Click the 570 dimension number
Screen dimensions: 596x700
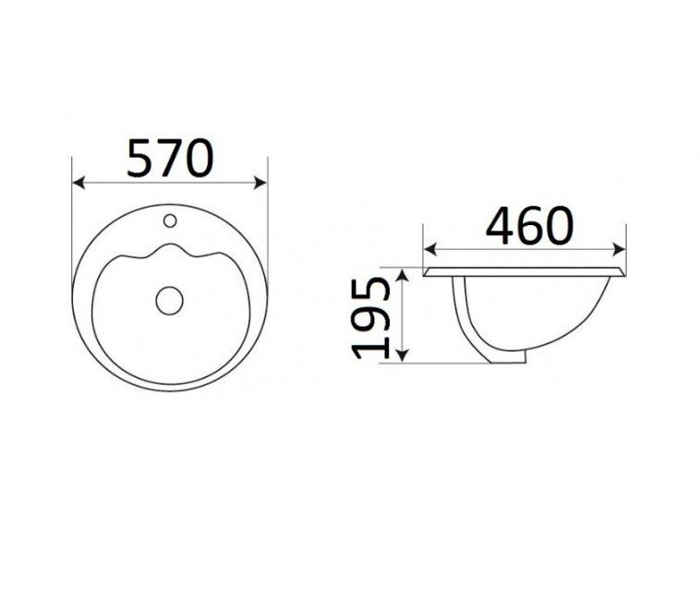coord(170,158)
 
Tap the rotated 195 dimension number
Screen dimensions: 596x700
coord(372,316)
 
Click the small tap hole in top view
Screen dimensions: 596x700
coord(170,221)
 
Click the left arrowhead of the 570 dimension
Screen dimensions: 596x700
coord(77,183)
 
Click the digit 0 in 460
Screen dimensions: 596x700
coord(559,225)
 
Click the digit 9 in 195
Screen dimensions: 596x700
coord(372,316)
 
